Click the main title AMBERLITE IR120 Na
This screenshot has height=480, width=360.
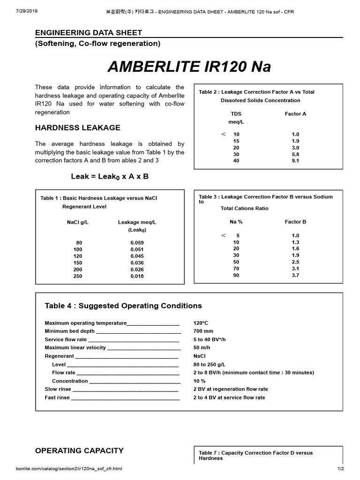pos(189,67)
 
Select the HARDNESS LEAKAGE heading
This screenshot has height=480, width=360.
pos(78,127)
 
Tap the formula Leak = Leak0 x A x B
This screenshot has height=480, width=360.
pos(110,176)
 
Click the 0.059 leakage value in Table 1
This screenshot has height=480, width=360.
pos(137,243)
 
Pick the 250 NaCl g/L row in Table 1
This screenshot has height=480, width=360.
pos(77,276)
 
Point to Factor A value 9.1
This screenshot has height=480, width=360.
pos(295,161)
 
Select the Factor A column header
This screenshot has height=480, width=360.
pos(295,114)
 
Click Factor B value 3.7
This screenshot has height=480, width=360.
pos(295,275)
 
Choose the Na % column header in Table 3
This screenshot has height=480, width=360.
pos(236,222)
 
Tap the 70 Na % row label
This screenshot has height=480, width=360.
pos(236,269)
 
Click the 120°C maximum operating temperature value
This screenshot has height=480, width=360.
pos(201,323)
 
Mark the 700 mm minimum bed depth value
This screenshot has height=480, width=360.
pos(203,331)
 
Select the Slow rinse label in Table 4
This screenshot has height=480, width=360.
pos(57,389)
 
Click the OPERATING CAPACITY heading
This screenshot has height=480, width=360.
pos(79,450)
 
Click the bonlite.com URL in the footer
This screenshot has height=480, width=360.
pos(69,469)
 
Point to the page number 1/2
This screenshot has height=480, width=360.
pos(340,469)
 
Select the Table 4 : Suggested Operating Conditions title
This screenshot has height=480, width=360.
pos(123,306)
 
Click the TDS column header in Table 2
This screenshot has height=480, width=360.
pos(236,114)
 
